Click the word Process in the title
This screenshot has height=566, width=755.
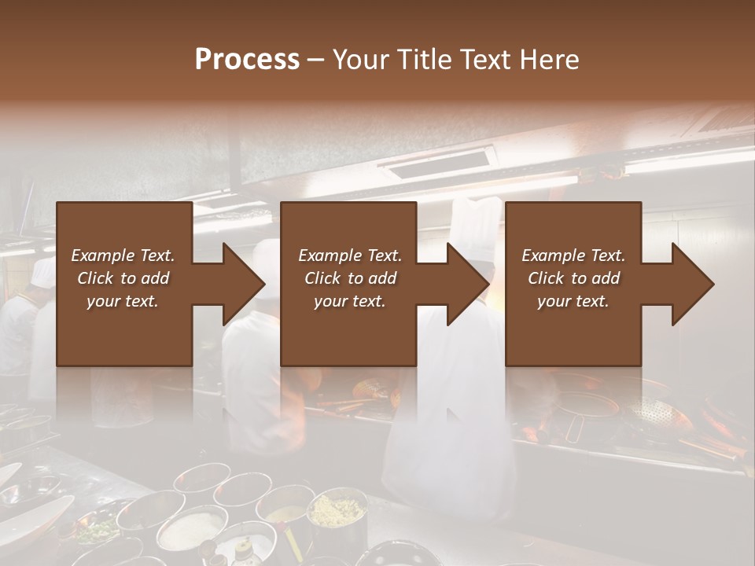point(247,60)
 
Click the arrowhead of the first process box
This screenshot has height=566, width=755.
point(244,284)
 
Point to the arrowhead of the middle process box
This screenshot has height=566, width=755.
point(468,284)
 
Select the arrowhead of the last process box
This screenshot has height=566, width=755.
point(693,284)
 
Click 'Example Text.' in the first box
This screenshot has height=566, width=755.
point(123,255)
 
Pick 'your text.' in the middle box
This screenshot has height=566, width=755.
point(349,301)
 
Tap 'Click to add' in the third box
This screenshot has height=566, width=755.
point(573,278)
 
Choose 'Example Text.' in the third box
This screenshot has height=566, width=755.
point(573,255)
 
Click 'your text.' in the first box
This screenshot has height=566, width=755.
point(123,301)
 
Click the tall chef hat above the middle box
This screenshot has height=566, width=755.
point(477,223)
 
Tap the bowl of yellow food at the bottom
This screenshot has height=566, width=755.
point(337,511)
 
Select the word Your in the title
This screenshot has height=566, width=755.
point(358,60)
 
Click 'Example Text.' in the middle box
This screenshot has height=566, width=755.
point(349,255)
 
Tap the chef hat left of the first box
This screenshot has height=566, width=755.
point(43,272)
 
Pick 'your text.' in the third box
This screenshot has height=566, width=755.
point(573,301)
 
